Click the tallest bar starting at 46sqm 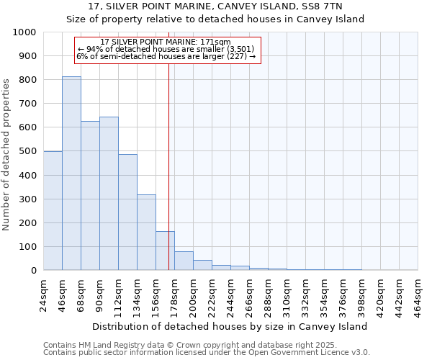coord(71,173)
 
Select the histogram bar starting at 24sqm coord(53,210)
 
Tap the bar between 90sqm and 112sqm coord(109,193)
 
